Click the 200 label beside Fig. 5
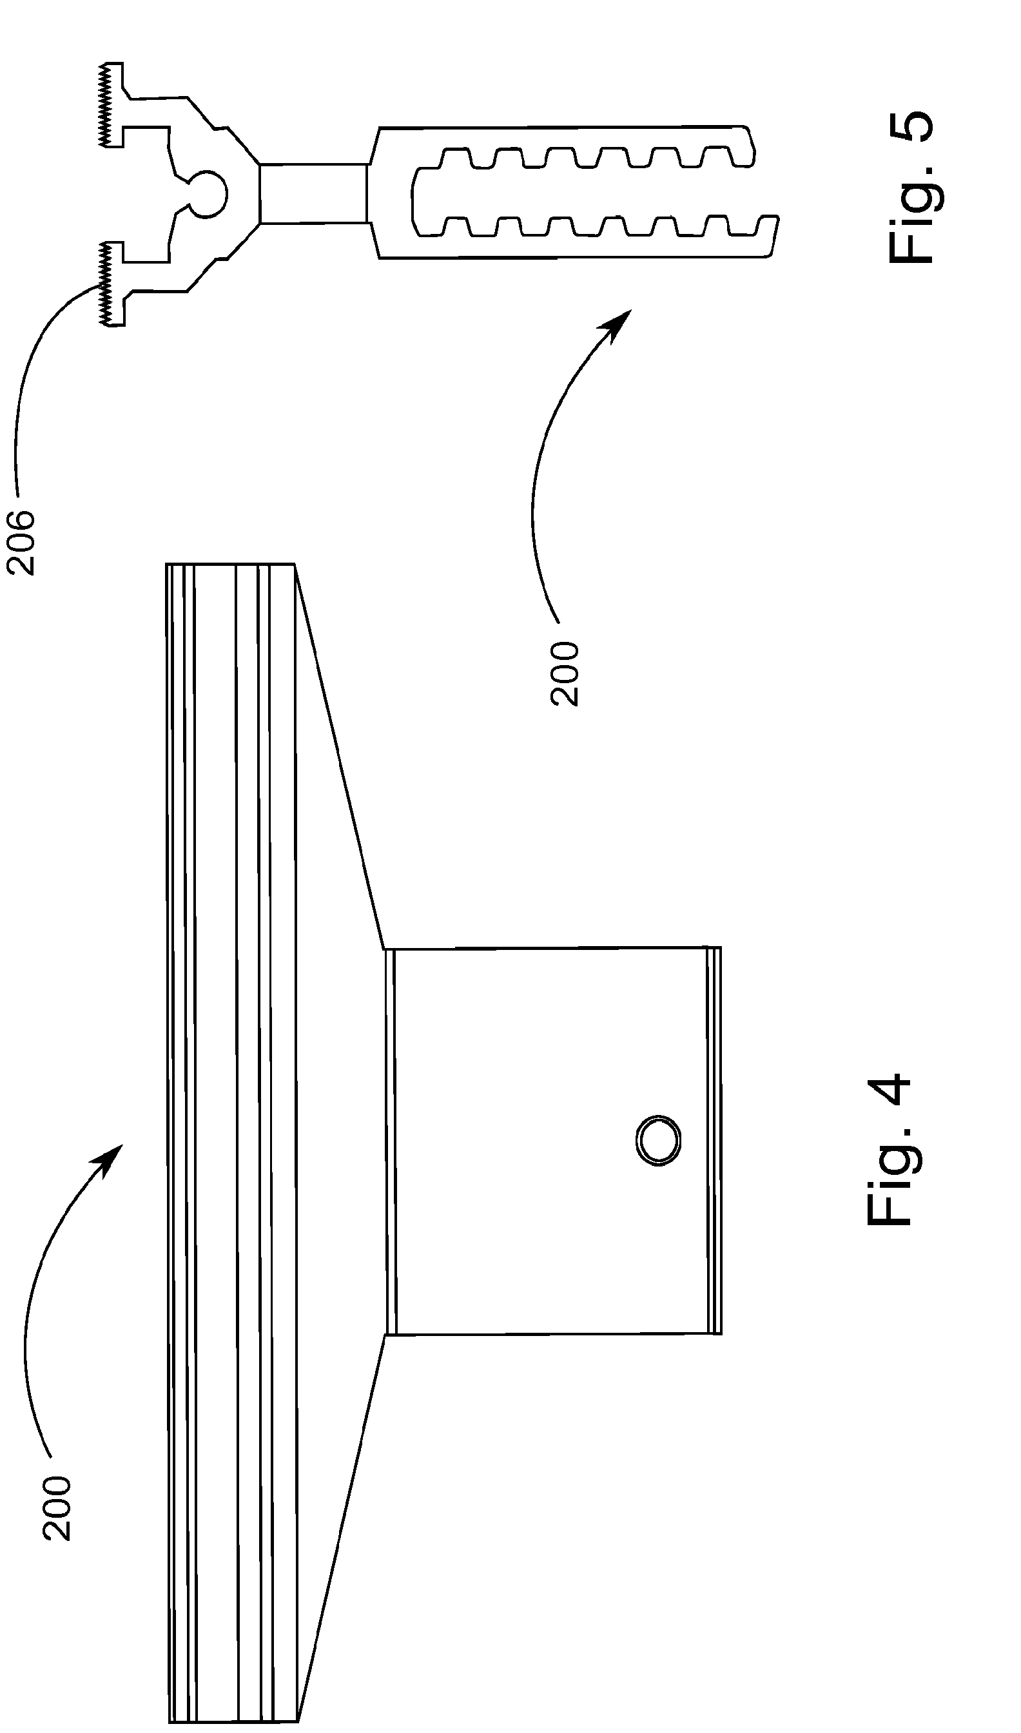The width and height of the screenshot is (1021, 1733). [x=564, y=673]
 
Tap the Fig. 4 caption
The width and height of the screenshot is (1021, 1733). [x=889, y=1150]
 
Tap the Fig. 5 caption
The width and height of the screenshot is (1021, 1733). [x=911, y=187]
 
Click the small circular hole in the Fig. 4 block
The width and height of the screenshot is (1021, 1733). [x=657, y=1140]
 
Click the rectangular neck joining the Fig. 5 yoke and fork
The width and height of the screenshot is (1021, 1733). [x=313, y=193]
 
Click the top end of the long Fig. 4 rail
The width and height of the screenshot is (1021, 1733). [x=231, y=566]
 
